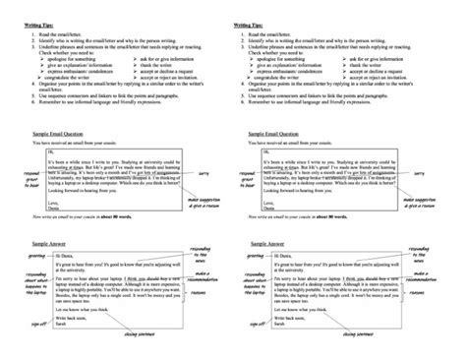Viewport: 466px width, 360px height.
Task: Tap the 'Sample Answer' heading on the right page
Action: [262, 238]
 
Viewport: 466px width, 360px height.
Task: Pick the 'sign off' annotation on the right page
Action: [237, 320]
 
